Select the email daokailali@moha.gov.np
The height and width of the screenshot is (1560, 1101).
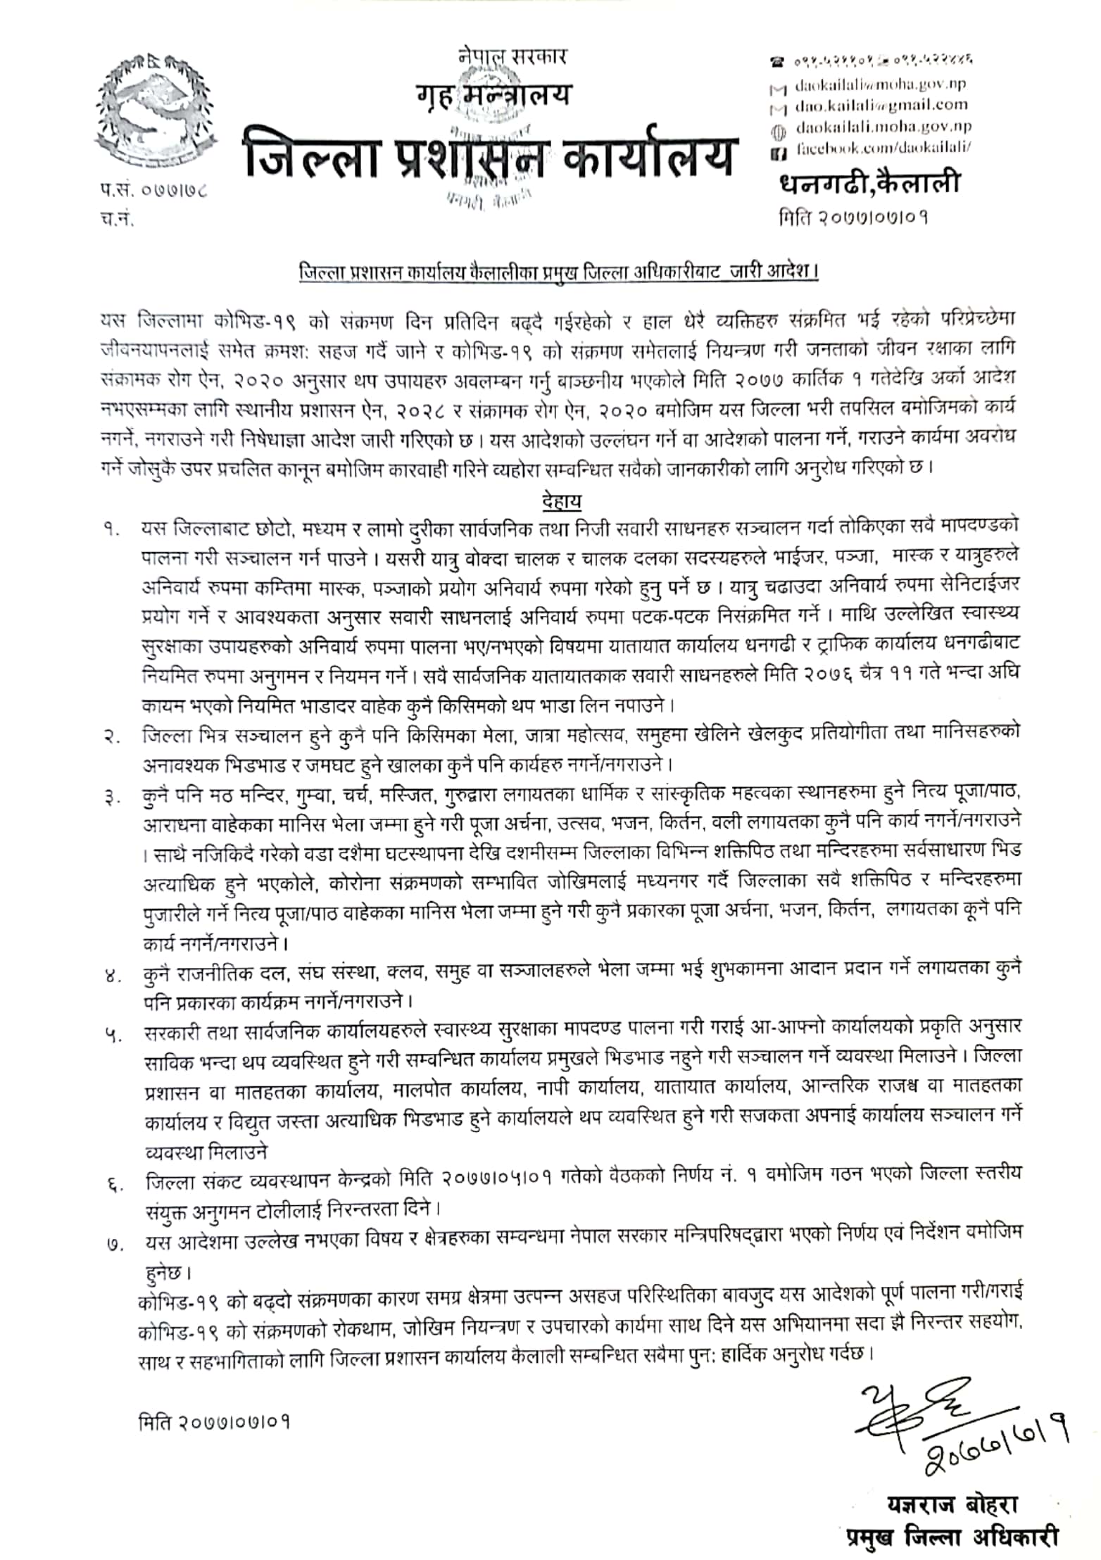click(880, 85)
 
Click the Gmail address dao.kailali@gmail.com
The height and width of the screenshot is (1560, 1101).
click(881, 106)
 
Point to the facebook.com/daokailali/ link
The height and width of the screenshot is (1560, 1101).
click(883, 149)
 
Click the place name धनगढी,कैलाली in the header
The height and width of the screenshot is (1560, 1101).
click(869, 184)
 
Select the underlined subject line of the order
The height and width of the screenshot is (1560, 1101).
click(558, 271)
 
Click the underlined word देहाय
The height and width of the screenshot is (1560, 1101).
click(562, 501)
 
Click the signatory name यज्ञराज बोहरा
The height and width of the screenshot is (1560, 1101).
click(952, 1505)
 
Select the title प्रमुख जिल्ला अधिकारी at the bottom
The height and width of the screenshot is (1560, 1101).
click(952, 1537)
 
